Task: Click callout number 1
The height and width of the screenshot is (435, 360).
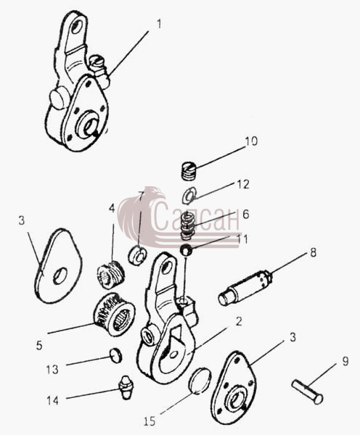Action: click(x=159, y=24)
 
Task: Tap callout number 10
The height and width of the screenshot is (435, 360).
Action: click(x=251, y=141)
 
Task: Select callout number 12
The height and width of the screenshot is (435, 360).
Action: click(x=243, y=184)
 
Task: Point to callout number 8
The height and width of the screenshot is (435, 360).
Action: click(x=313, y=252)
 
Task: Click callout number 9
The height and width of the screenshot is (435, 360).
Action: click(x=345, y=361)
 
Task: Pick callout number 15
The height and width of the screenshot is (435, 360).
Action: click(x=150, y=421)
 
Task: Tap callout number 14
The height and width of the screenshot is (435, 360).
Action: click(x=52, y=400)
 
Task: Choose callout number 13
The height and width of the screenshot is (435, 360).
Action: click(x=52, y=370)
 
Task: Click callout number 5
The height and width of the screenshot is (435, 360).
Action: click(x=39, y=346)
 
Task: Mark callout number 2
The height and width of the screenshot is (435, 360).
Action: click(x=239, y=321)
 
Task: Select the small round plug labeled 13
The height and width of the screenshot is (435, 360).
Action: click(x=115, y=355)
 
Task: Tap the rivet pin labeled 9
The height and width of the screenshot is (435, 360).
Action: click(x=307, y=391)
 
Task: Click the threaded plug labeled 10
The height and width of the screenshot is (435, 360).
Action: click(x=189, y=170)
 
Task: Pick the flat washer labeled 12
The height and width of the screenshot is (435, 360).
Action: click(x=189, y=195)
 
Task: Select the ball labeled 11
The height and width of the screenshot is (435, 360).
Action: click(x=186, y=250)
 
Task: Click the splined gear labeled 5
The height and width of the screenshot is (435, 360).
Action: click(x=115, y=315)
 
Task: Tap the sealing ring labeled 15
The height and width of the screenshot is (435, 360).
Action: click(x=200, y=381)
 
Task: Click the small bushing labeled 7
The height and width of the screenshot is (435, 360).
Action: click(x=138, y=255)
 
